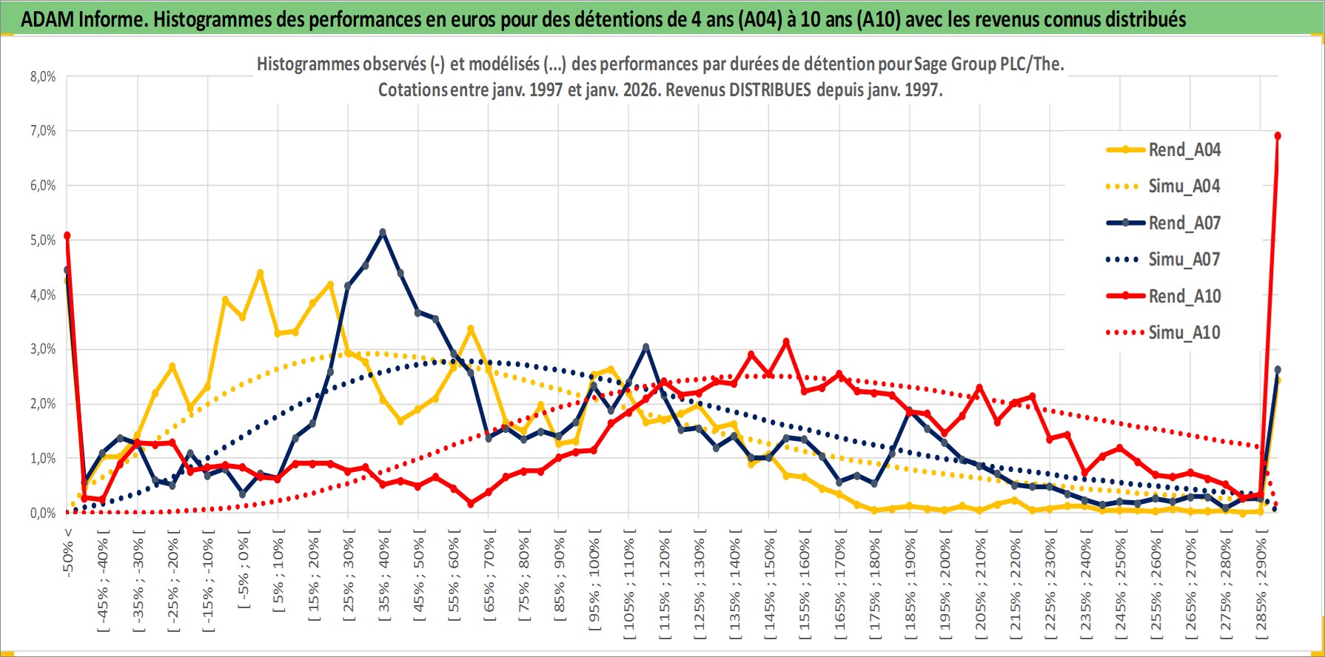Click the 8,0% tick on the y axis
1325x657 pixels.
[43, 77]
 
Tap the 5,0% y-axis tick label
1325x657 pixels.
[43, 240]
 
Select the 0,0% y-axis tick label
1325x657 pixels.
[43, 513]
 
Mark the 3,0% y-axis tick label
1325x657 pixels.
[43, 349]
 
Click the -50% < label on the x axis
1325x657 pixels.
[67, 552]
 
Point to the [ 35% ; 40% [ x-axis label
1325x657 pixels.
[383, 581]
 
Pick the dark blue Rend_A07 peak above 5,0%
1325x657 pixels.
[383, 232]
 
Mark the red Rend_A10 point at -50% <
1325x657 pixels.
[67, 235]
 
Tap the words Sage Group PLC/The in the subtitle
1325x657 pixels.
[987, 64]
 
